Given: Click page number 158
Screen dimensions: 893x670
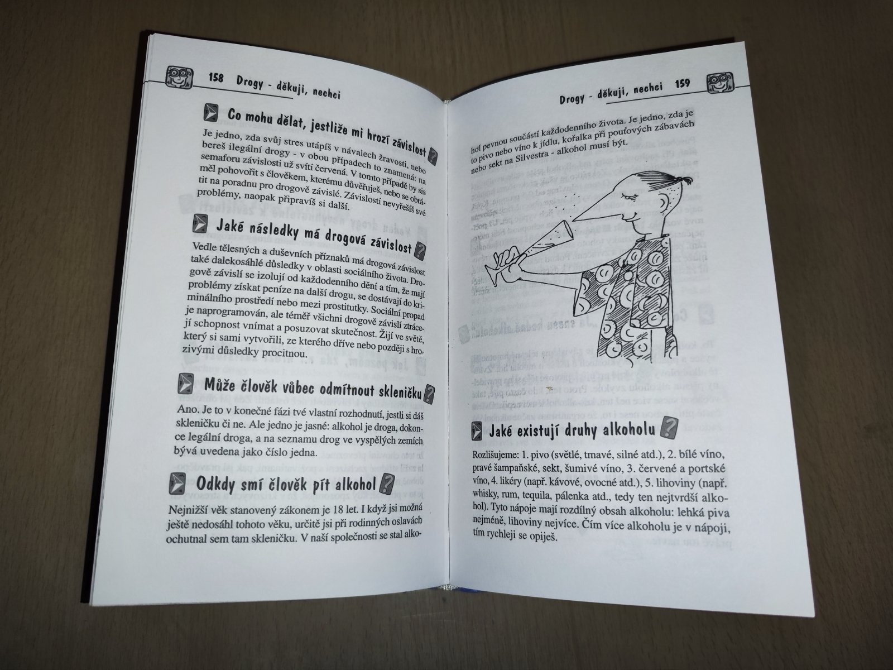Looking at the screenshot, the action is pos(216,78).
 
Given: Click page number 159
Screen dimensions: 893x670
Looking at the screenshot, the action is pos(682,83).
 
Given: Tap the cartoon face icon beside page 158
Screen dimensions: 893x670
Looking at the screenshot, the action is pos(179,76).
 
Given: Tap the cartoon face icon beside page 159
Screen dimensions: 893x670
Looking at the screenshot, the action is pos(720,83).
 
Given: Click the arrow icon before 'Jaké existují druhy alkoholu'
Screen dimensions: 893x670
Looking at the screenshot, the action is pos(477,431).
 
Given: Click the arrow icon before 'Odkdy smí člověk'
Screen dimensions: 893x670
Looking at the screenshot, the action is pos(177,484).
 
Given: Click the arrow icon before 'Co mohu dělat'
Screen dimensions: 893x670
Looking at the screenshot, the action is pos(211,113).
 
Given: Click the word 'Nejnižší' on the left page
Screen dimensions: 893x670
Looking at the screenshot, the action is pos(186,510).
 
